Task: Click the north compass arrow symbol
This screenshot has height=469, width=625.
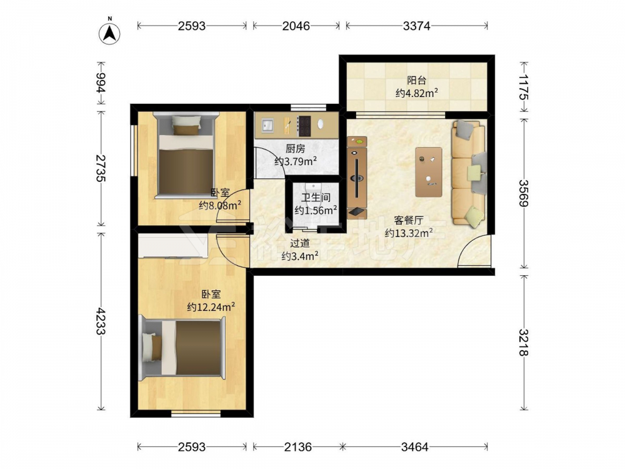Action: click(109, 32)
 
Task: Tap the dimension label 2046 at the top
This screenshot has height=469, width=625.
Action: click(296, 26)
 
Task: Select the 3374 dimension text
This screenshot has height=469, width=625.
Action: click(416, 26)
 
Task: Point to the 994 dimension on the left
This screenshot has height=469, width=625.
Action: click(101, 83)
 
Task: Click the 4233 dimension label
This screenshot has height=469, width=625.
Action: click(101, 321)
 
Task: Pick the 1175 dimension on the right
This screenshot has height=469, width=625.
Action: click(524, 88)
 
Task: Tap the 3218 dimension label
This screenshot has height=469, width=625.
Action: click(524, 343)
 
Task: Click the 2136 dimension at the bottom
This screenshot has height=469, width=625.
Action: click(297, 447)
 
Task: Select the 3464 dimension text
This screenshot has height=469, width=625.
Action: click(414, 447)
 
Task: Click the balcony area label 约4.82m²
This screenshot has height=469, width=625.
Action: click(417, 93)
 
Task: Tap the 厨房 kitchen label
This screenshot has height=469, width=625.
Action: click(296, 149)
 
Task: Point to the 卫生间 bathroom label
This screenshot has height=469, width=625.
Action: click(316, 198)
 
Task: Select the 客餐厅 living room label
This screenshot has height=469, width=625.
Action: click(409, 220)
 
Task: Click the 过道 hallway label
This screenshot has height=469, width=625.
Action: click(300, 243)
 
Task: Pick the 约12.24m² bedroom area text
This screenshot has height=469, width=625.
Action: click(211, 307)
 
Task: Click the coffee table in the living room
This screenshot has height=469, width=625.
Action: click(429, 172)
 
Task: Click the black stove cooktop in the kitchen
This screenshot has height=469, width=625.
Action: click(305, 126)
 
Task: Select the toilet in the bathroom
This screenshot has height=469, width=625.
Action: click(313, 191)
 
